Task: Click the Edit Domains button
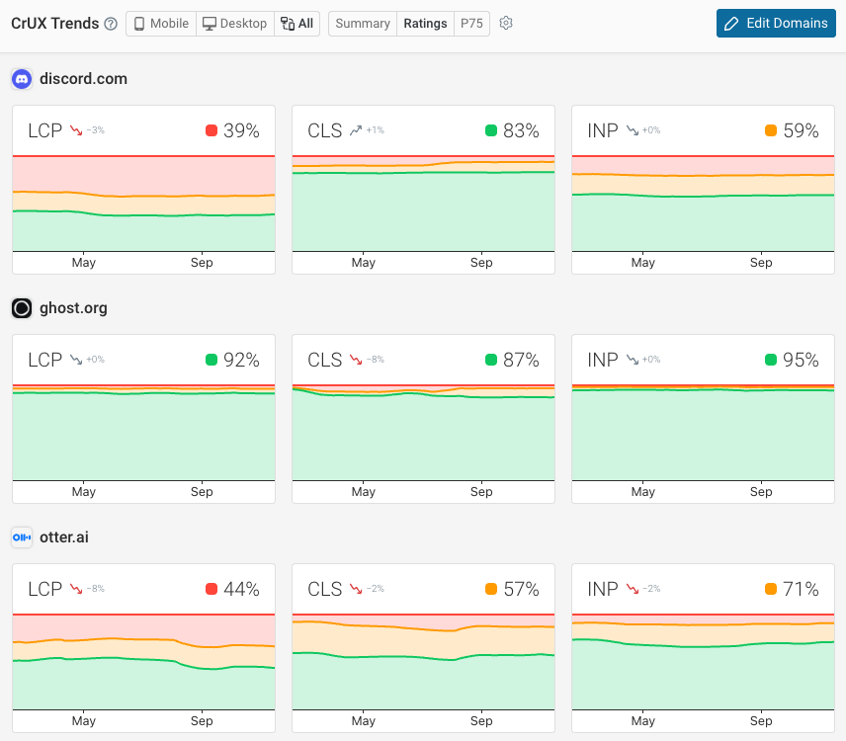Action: pyautogui.click(x=776, y=24)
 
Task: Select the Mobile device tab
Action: pyautogui.click(x=160, y=24)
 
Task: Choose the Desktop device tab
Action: pyautogui.click(x=233, y=24)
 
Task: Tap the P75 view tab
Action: pyautogui.click(x=471, y=24)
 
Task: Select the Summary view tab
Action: pyautogui.click(x=362, y=24)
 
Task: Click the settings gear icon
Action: pyautogui.click(x=506, y=24)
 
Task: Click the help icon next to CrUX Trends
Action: pyautogui.click(x=111, y=24)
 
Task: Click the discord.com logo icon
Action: pyautogui.click(x=22, y=79)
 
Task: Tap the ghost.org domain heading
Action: pyautogui.click(x=73, y=308)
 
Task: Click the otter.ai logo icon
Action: pyautogui.click(x=22, y=537)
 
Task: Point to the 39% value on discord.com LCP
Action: pyautogui.click(x=241, y=130)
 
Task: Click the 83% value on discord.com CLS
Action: pyautogui.click(x=521, y=130)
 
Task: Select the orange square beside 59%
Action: pyautogui.click(x=771, y=130)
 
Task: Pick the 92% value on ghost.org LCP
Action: pyautogui.click(x=241, y=360)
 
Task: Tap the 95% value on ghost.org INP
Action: pyautogui.click(x=801, y=360)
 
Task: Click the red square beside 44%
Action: pyautogui.click(x=211, y=589)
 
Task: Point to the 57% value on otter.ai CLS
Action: pyautogui.click(x=521, y=589)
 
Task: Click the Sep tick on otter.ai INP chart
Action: pyautogui.click(x=761, y=721)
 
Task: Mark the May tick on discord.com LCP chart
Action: pyautogui.click(x=84, y=263)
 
